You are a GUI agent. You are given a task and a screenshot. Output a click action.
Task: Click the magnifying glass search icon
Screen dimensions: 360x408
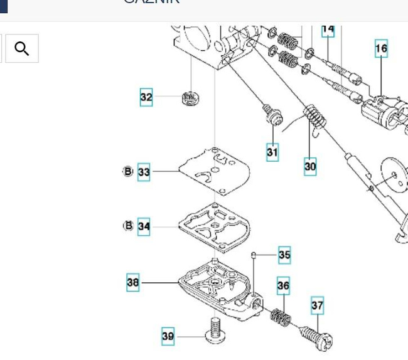[x=22, y=49]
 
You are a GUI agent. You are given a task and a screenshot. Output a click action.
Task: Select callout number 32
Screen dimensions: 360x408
[x=146, y=97]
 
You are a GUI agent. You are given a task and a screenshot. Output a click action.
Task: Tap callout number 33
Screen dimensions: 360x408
[x=144, y=172]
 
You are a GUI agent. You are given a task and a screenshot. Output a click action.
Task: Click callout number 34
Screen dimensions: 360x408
[x=144, y=226]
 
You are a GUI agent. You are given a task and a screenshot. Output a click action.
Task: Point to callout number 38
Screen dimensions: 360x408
[x=133, y=282]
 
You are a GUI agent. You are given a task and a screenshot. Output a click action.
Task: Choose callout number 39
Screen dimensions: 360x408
[x=168, y=336]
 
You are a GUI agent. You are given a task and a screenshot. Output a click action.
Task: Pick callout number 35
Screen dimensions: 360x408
[x=284, y=255]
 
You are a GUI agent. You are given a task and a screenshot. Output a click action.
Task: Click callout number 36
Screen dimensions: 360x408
[x=283, y=287]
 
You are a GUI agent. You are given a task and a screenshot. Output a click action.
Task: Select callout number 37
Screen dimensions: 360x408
[x=318, y=306]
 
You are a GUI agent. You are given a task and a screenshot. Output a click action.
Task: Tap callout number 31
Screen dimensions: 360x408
[x=272, y=152]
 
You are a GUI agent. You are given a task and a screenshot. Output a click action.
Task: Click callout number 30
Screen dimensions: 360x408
[x=310, y=166]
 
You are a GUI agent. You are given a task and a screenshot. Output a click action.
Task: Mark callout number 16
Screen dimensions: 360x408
[x=382, y=48]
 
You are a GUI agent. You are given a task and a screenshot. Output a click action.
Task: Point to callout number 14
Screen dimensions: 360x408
[x=328, y=30]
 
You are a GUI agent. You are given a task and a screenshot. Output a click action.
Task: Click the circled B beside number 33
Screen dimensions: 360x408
[x=128, y=171]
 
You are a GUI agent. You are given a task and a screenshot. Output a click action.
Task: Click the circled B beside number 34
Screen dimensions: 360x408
[x=128, y=226]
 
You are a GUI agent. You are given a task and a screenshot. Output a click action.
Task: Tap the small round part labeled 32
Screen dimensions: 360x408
[x=190, y=98]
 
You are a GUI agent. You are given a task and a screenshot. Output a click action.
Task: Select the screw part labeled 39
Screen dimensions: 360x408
[x=214, y=329]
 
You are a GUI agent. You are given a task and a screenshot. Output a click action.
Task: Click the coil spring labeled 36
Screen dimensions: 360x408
[x=281, y=315]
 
